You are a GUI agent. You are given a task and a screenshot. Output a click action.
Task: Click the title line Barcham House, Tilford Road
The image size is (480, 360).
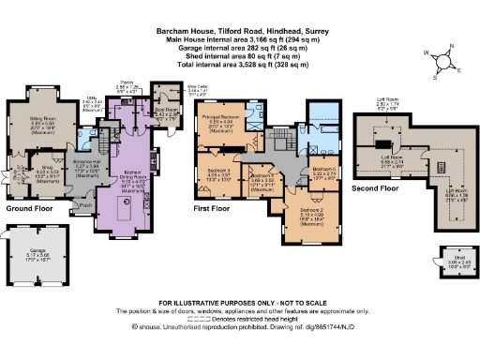coord(240,30)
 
